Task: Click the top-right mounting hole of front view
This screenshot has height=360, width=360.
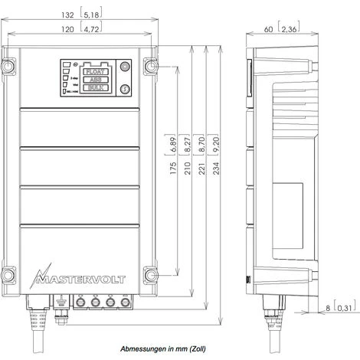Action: tap(149, 67)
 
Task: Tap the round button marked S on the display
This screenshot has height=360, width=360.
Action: tap(125, 89)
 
